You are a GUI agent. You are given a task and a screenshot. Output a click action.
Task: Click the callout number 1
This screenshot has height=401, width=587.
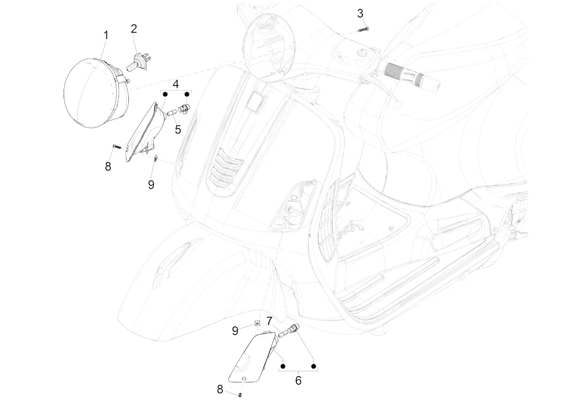(x=106, y=35)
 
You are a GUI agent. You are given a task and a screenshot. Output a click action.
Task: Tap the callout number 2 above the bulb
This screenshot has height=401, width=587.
(x=134, y=29)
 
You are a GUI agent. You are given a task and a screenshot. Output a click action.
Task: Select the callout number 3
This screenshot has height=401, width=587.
(x=360, y=13)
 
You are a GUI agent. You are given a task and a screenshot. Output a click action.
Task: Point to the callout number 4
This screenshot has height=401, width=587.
(x=176, y=84)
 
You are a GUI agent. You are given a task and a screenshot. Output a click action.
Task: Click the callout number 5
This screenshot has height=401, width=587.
(x=178, y=129)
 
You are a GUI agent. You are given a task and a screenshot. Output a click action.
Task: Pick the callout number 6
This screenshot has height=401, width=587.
(x=298, y=380)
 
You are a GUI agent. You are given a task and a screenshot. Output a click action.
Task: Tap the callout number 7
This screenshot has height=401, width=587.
(x=269, y=321)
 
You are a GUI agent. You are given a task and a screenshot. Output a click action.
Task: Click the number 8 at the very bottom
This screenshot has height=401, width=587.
(x=220, y=389)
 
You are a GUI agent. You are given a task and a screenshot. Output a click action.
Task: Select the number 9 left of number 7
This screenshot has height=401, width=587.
(x=235, y=330)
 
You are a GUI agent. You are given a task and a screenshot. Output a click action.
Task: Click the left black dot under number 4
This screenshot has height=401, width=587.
(x=164, y=94)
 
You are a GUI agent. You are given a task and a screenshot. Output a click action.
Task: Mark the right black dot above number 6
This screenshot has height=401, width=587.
(x=314, y=366)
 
